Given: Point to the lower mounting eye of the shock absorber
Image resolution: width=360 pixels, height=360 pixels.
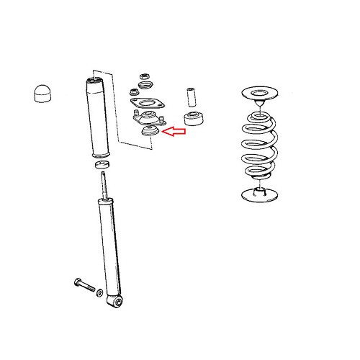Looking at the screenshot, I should click(118, 302).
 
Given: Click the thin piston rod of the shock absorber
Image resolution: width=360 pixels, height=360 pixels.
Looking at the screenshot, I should click(105, 189).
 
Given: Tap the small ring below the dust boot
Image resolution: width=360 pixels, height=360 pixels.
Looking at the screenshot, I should click(101, 167).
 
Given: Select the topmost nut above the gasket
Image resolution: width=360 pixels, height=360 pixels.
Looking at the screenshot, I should click(143, 75).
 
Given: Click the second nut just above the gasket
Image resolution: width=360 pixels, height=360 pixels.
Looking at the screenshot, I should click(135, 91).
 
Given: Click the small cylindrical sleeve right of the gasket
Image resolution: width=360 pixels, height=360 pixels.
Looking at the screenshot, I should click(192, 96).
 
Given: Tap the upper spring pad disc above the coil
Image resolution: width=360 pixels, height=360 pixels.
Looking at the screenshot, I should click(263, 94).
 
